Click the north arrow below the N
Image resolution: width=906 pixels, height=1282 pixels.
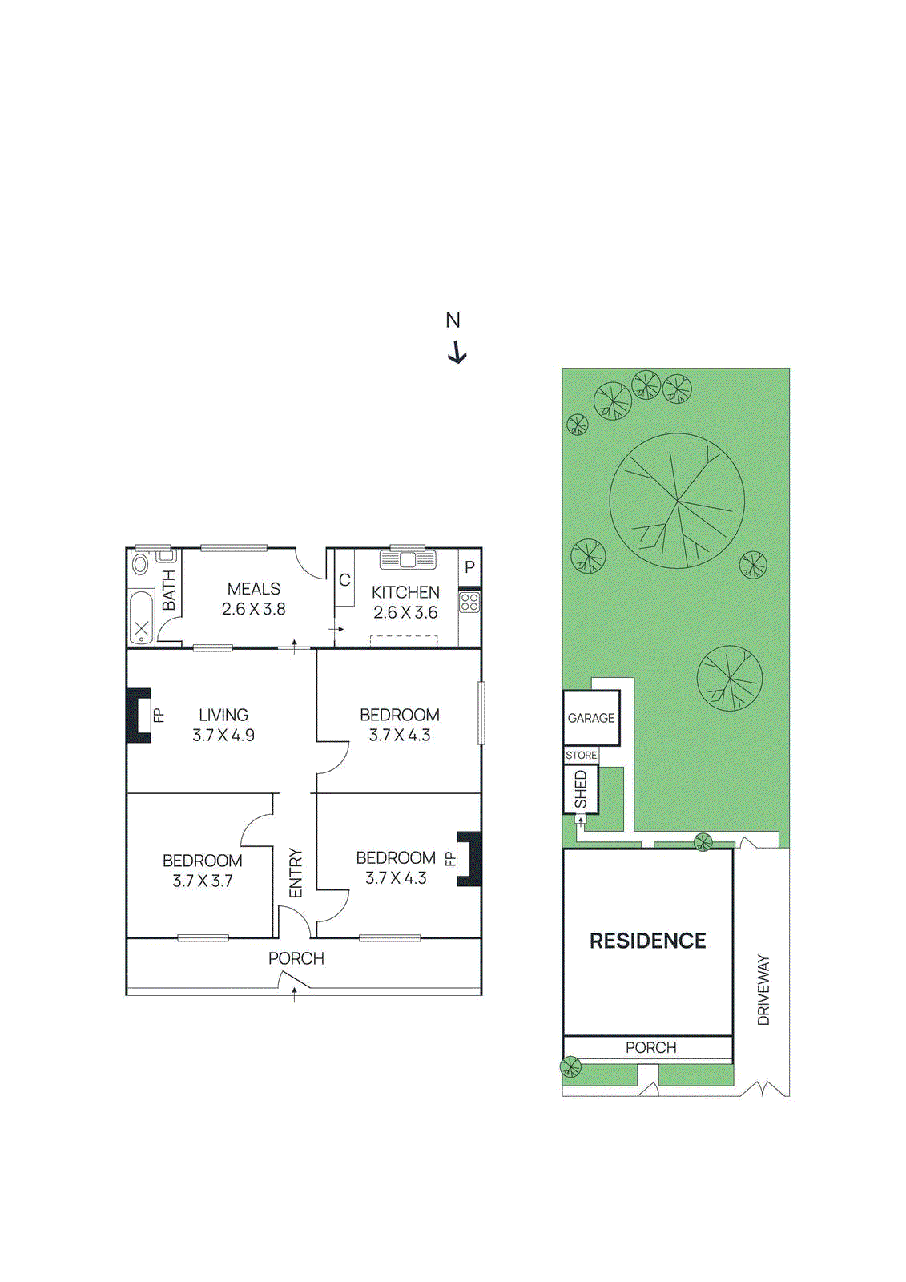pyautogui.click(x=457, y=353)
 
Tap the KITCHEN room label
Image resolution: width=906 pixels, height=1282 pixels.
pyautogui.click(x=405, y=592)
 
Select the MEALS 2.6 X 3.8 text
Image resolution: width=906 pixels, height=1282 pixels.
pyautogui.click(x=254, y=599)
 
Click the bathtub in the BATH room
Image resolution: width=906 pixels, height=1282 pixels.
pyautogui.click(x=142, y=617)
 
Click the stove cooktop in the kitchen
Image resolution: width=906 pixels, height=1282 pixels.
pyautogui.click(x=469, y=602)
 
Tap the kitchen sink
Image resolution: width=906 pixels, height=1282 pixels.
pyautogui.click(x=408, y=559)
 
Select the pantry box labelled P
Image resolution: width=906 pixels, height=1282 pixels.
pyautogui.click(x=469, y=567)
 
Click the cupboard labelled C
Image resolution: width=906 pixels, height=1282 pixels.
pyautogui.click(x=344, y=579)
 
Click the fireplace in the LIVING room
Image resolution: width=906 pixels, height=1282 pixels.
pyautogui.click(x=139, y=716)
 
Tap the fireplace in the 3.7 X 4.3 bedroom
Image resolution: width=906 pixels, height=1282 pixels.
pyautogui.click(x=469, y=859)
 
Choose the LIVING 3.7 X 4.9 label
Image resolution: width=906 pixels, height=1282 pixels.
pyautogui.click(x=223, y=725)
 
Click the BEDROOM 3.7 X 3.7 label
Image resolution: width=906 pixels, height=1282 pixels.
pyautogui.click(x=203, y=870)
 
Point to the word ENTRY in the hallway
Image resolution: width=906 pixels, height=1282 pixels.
pyautogui.click(x=296, y=873)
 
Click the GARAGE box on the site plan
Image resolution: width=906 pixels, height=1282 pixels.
pyautogui.click(x=591, y=718)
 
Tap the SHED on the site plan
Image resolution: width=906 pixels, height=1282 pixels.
pyautogui.click(x=581, y=789)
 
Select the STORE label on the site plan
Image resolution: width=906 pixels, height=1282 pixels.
pyautogui.click(x=581, y=756)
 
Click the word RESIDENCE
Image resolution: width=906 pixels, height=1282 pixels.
pyautogui.click(x=647, y=941)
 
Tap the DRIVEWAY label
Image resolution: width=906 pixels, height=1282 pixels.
pyautogui.click(x=763, y=990)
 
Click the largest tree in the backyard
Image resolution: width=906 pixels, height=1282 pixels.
pyautogui.click(x=677, y=502)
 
